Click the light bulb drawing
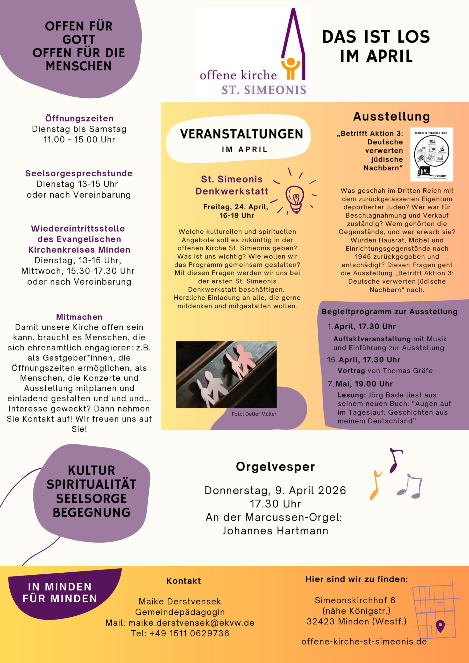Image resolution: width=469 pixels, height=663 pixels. (295, 199)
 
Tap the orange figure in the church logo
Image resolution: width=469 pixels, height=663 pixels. (291, 68)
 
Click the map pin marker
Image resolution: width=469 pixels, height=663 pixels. (440, 626)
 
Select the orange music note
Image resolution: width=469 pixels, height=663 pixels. (376, 485)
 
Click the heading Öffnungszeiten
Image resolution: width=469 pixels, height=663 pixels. (79, 118)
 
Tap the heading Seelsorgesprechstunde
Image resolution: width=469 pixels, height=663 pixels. (79, 173)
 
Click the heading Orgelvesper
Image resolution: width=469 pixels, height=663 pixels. (275, 467)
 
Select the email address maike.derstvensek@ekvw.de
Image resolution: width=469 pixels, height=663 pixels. (191, 623)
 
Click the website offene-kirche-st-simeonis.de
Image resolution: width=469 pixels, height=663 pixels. (364, 642)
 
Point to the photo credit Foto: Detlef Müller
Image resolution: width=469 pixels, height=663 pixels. (254, 414)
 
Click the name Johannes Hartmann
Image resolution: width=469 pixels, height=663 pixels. (275, 531)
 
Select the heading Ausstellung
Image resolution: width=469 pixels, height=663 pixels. (392, 117)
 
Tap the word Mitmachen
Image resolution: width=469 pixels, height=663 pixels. (79, 317)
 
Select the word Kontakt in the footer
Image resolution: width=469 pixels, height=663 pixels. (183, 581)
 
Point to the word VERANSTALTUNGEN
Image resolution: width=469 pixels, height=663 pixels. (241, 134)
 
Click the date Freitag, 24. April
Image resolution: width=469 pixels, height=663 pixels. (236, 207)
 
